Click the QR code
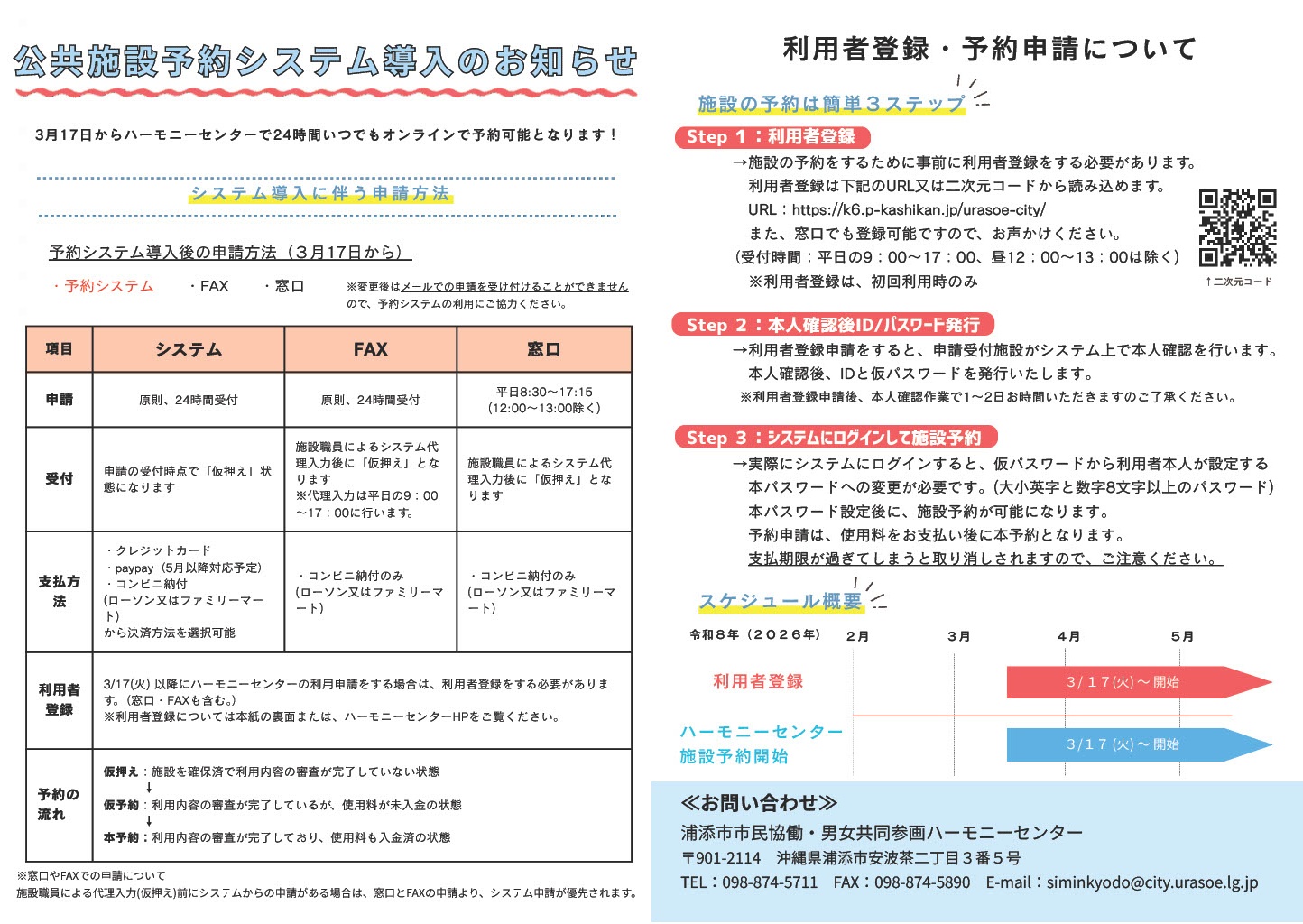coord(1237,228)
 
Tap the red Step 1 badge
coord(772,137)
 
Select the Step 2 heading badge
coord(833,325)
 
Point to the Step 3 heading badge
coord(835,438)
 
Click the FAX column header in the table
coord(370,349)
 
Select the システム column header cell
coord(188,349)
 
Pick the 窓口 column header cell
coord(543,349)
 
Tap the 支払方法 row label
coord(60,591)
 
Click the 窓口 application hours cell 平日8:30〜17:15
coord(543,400)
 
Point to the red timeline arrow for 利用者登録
coord(1137,682)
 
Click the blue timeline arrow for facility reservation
coord(1137,744)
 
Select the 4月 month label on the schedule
coord(1068,636)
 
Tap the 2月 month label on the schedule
coord(857,636)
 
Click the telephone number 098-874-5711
coord(770,882)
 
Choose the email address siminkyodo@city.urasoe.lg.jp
coord(1151,882)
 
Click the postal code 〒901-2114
coord(721,858)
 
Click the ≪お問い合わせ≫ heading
coord(759,803)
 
